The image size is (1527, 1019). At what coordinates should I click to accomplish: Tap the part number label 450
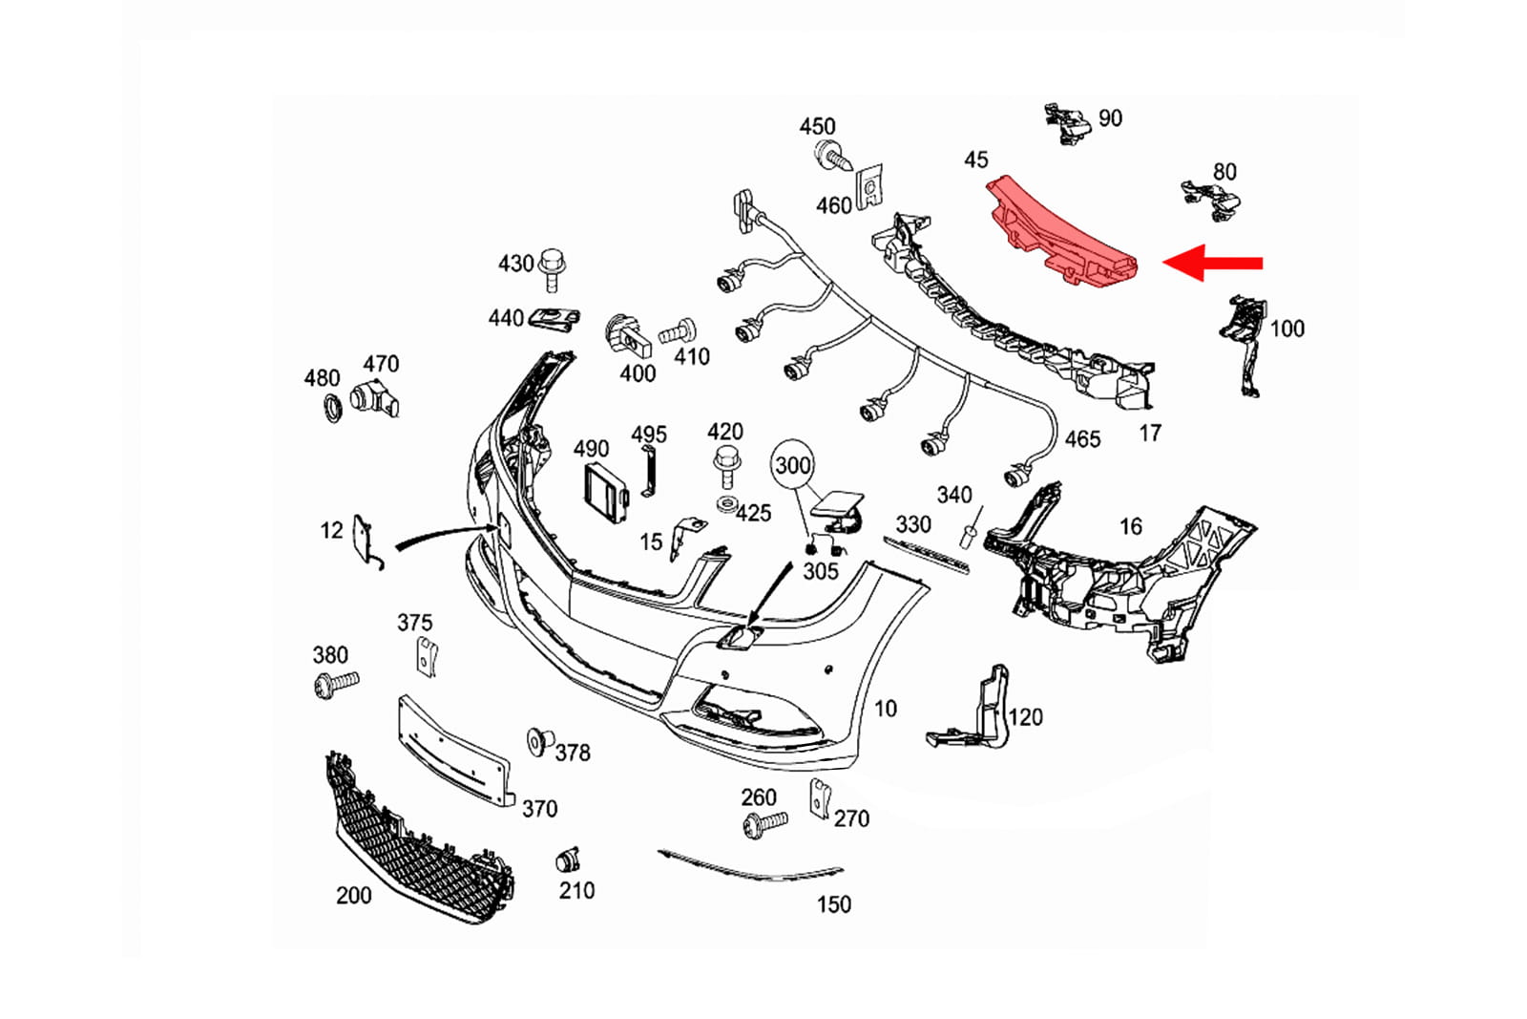(817, 126)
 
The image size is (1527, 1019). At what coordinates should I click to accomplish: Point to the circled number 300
(792, 465)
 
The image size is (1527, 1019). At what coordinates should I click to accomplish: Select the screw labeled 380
(335, 683)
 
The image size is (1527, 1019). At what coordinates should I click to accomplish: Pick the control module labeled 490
(605, 491)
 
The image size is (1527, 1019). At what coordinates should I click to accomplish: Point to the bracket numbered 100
(1244, 341)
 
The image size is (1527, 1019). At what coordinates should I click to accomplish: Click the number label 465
(1082, 439)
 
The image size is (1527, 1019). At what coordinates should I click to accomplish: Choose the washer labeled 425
(726, 504)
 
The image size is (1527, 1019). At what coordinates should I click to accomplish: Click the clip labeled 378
(539, 741)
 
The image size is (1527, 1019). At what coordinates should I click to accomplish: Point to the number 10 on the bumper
(886, 709)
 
